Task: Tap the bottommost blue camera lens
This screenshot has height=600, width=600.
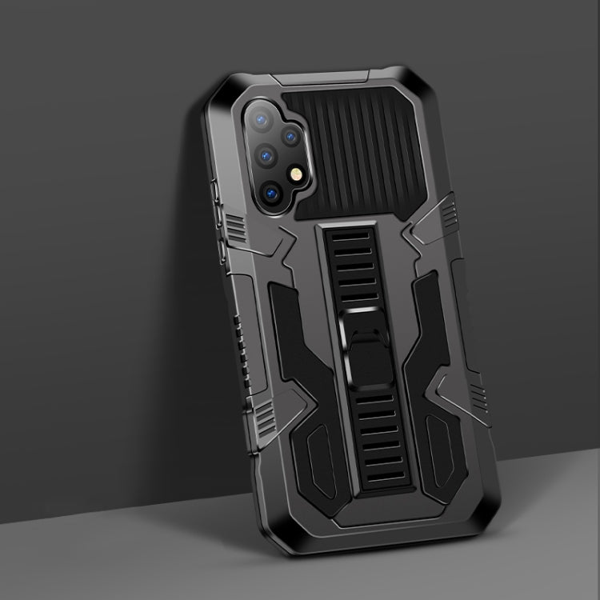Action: click(271, 193)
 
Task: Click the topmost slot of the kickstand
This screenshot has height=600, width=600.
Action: click(357, 239)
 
